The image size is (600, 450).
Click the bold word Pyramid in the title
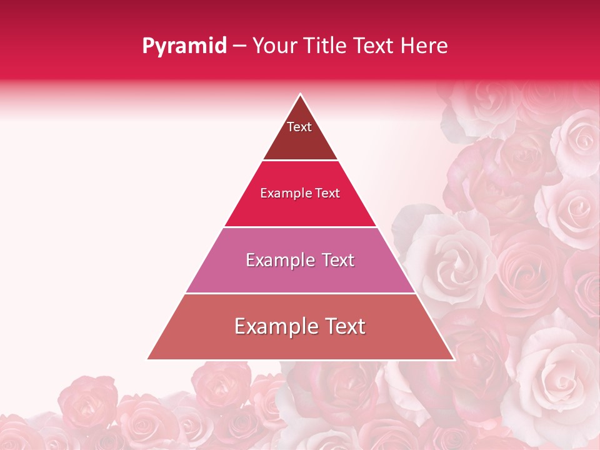point(184,46)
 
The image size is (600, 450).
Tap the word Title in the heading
point(325,46)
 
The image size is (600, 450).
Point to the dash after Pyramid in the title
point(239,46)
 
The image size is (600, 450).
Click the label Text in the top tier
point(299,127)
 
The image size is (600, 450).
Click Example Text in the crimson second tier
point(300,193)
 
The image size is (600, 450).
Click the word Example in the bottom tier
point(271,326)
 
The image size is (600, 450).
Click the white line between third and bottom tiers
point(300,293)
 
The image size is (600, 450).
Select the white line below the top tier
point(300,160)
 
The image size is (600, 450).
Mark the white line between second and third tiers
point(300,227)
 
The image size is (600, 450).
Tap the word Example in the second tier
point(284,193)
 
